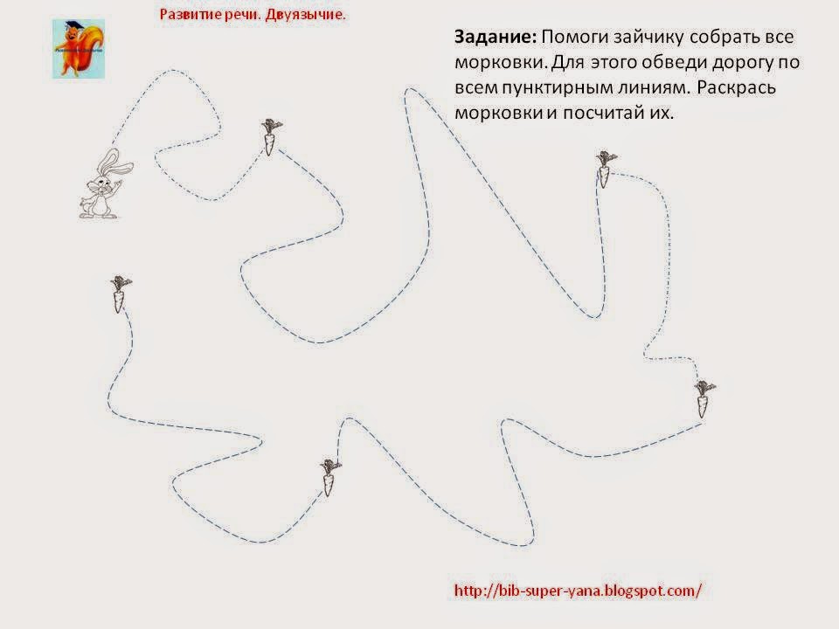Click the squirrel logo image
(78, 49)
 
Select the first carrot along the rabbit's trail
(271, 137)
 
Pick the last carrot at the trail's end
(120, 294)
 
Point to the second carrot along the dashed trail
(605, 169)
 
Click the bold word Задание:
(495, 37)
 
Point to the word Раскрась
(736, 87)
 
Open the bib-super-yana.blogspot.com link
(578, 591)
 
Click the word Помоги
(575, 37)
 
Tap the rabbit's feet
(98, 215)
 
